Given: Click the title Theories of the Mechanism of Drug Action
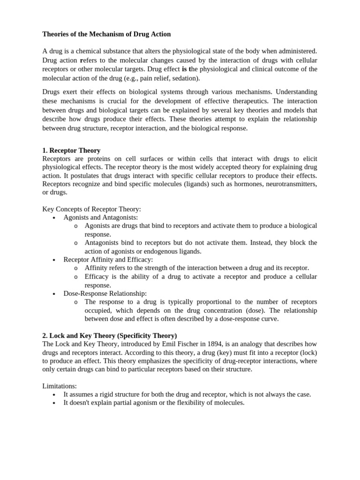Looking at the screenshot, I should (x=106, y=34).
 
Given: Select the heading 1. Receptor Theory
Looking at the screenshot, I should (x=71, y=150).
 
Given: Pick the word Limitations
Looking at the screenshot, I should (x=60, y=386).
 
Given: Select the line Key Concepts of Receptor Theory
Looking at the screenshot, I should (x=91, y=209).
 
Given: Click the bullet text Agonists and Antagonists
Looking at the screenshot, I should (x=101, y=217).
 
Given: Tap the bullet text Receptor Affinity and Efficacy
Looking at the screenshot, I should (x=108, y=259).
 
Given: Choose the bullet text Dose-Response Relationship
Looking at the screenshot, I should (x=105, y=293).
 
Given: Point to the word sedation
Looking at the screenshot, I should (x=185, y=78).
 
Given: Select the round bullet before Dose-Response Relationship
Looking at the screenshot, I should (x=55, y=294).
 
